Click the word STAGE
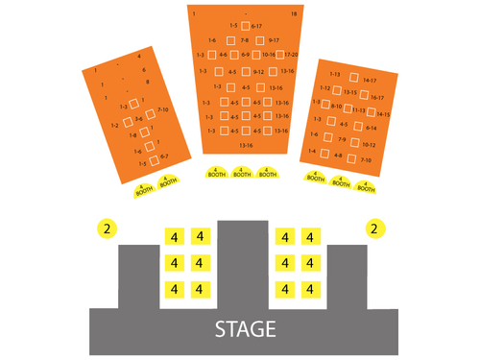(245, 329)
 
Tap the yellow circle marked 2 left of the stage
(108, 228)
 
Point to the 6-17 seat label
(256, 26)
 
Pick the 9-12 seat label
(258, 71)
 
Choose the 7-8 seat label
(244, 40)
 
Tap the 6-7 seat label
(163, 156)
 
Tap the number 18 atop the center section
(294, 14)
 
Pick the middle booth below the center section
(242, 173)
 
